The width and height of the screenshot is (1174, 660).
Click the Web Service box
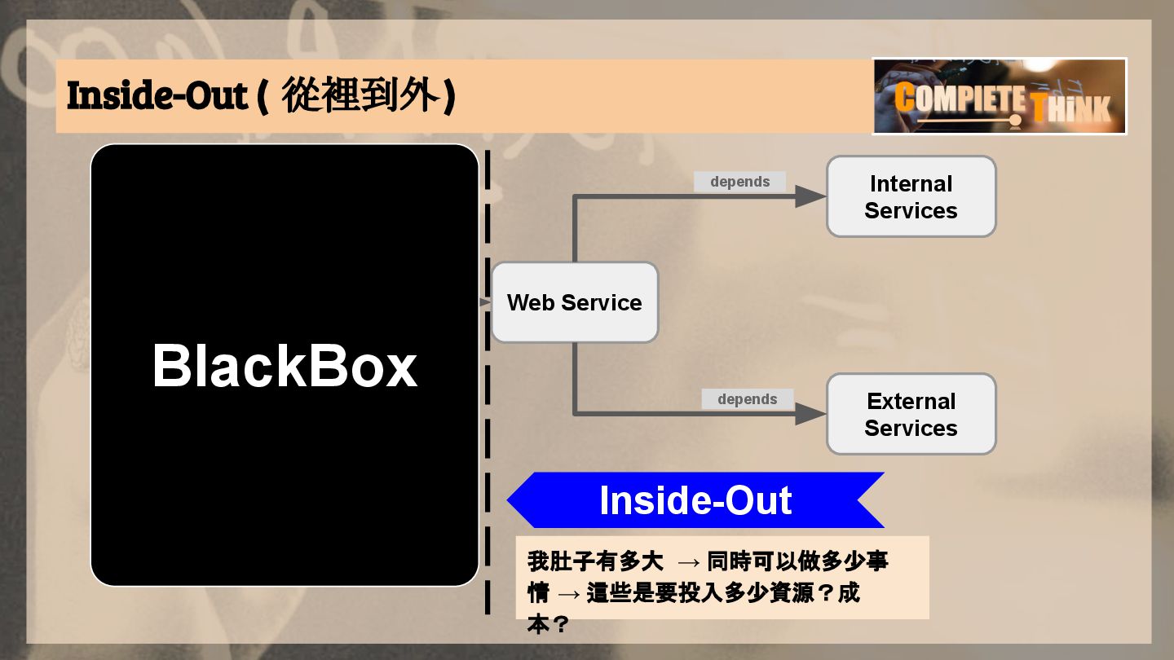(x=574, y=302)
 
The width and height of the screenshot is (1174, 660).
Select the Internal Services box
(x=911, y=196)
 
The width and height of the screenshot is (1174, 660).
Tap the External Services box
(x=911, y=414)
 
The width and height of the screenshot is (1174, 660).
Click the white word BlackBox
(x=285, y=366)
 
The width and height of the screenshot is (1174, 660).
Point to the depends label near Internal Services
(x=739, y=182)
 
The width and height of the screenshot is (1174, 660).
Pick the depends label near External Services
(x=747, y=399)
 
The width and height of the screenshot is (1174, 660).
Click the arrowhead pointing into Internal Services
(x=810, y=196)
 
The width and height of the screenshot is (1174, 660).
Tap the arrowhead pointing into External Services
(x=810, y=414)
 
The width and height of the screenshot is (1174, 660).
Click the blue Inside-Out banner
(x=695, y=500)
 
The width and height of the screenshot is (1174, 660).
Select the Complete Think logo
(x=1000, y=96)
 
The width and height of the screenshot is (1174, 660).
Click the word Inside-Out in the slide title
(x=157, y=96)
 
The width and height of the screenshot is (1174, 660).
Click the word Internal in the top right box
(x=911, y=183)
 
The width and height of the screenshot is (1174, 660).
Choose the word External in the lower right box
(x=911, y=401)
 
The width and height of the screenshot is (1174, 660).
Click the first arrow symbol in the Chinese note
(x=689, y=561)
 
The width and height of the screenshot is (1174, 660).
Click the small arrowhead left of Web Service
(x=485, y=303)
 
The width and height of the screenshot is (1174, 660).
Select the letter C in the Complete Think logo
(x=905, y=97)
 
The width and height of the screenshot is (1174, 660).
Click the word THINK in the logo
(x=1071, y=108)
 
